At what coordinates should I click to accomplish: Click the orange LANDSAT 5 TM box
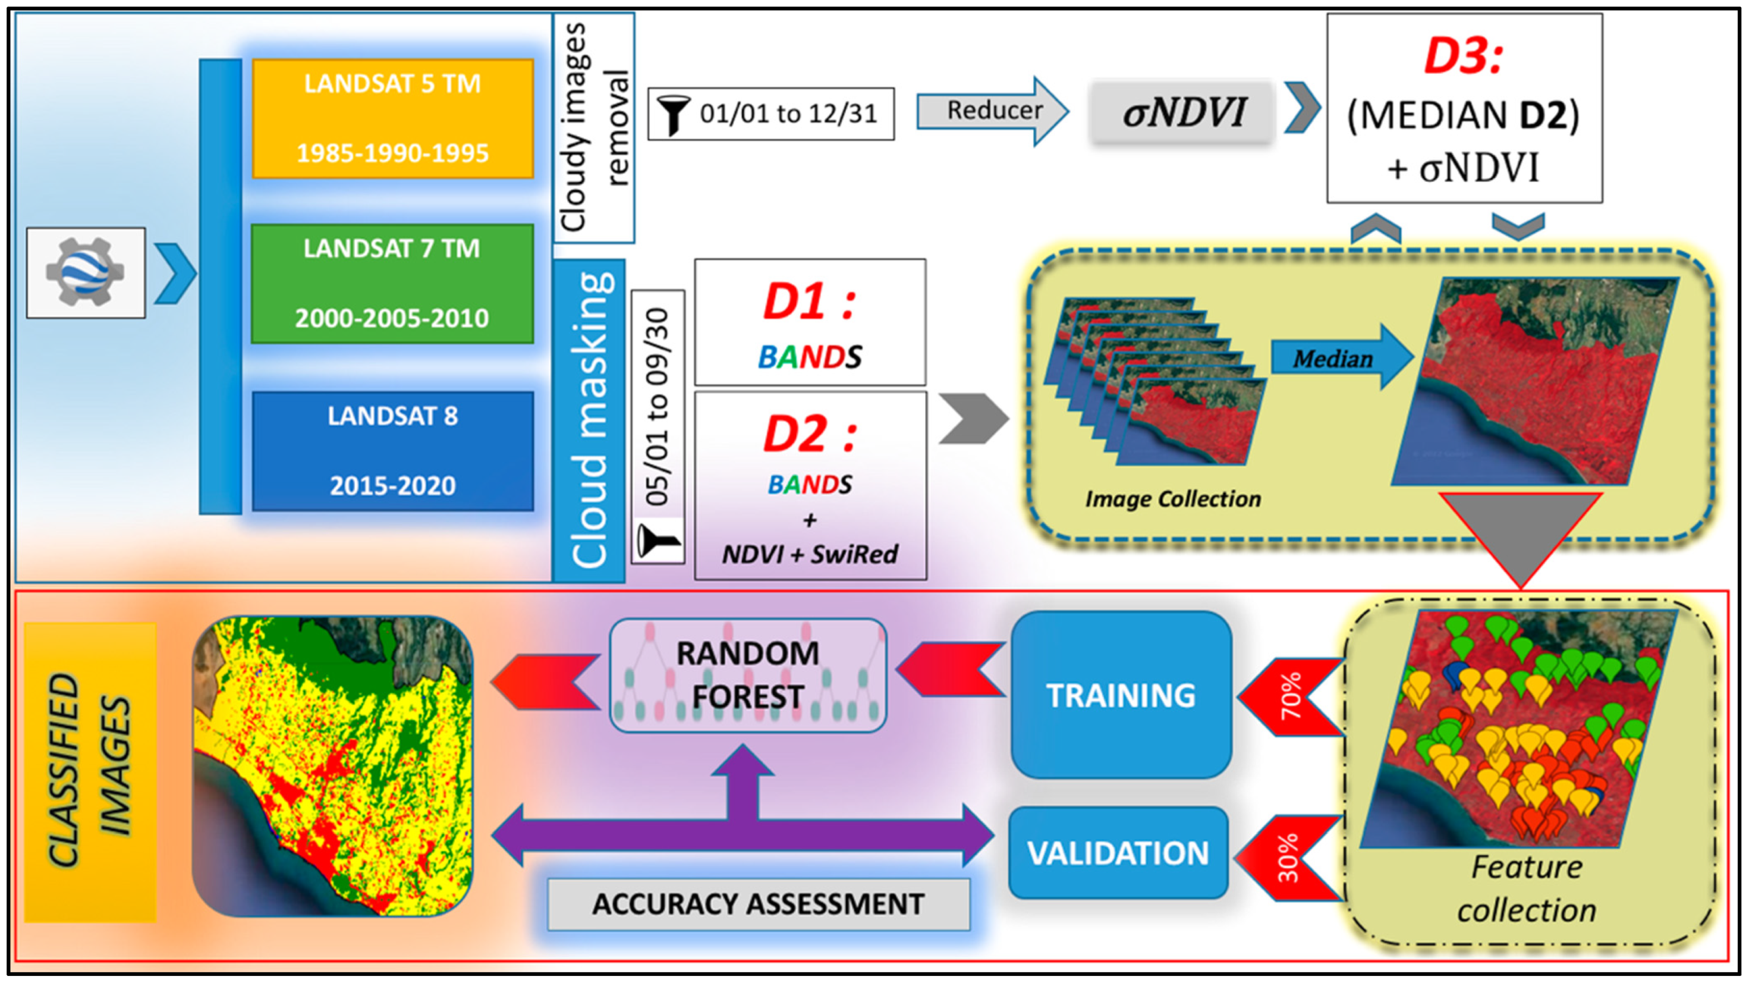tap(393, 119)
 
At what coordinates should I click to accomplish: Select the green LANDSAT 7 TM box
tap(392, 284)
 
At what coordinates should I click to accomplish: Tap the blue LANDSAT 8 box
tap(393, 451)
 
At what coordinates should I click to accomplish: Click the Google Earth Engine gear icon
tap(86, 272)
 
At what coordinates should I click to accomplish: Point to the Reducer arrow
tap(992, 111)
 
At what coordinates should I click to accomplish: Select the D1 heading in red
tap(810, 302)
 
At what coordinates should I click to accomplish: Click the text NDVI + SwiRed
tap(810, 554)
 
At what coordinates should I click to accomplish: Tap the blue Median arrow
tap(1341, 357)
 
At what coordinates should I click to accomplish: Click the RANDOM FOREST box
tap(748, 675)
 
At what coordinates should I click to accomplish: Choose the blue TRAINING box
tap(1121, 694)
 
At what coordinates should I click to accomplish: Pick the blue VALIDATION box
tap(1118, 853)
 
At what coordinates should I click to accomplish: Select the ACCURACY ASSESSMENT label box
tap(759, 904)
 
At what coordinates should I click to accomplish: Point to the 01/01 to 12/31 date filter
tap(771, 114)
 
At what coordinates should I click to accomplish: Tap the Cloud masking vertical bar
tap(589, 420)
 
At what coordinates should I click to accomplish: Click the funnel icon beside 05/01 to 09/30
tap(657, 541)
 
